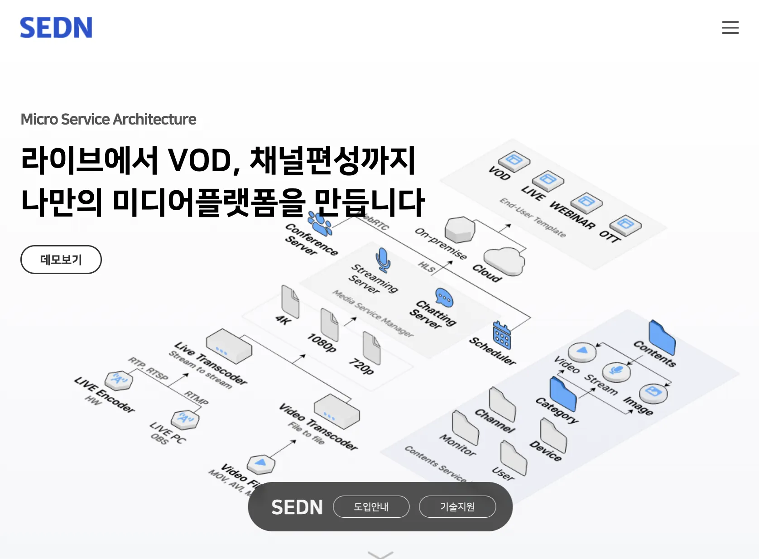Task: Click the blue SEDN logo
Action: (x=56, y=27)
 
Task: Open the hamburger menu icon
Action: (x=730, y=28)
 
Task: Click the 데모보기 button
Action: (x=61, y=260)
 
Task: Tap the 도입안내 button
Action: (x=371, y=506)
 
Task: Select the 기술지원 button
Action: (x=457, y=506)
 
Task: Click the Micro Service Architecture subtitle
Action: (x=108, y=119)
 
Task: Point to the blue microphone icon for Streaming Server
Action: (x=383, y=260)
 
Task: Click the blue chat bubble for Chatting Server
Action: (x=444, y=298)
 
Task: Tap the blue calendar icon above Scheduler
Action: (x=502, y=335)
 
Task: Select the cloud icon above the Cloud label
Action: (x=504, y=261)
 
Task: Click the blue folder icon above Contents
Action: (x=662, y=337)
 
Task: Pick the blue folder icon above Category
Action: (x=563, y=394)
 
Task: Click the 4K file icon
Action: (x=290, y=301)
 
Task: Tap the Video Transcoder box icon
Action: (x=336, y=411)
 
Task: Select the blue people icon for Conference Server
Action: (x=320, y=222)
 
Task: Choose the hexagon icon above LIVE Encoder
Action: (x=119, y=380)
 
